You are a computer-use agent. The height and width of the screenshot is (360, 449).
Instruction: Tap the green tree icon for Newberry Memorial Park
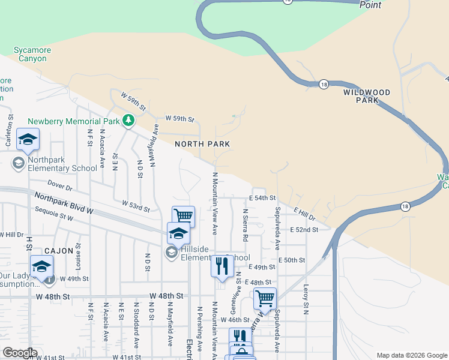tap(128, 121)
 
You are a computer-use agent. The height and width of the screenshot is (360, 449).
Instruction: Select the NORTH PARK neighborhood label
tap(202, 144)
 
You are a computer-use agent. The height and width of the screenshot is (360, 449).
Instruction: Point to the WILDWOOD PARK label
tap(367, 96)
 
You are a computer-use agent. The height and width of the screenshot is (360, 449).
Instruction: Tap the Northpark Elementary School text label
tap(62, 168)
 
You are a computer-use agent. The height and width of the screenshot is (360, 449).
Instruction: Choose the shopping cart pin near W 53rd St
tap(183, 216)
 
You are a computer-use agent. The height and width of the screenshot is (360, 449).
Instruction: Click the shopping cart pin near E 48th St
tap(264, 298)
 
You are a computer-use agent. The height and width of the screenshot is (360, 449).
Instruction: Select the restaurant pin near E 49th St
tap(222, 266)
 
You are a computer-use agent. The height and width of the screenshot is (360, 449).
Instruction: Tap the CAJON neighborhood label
tap(58, 251)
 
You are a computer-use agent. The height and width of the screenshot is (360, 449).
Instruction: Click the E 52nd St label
tap(303, 230)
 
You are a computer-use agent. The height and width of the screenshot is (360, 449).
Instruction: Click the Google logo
tap(20, 353)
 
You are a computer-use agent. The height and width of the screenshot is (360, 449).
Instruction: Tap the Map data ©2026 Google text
tap(411, 355)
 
